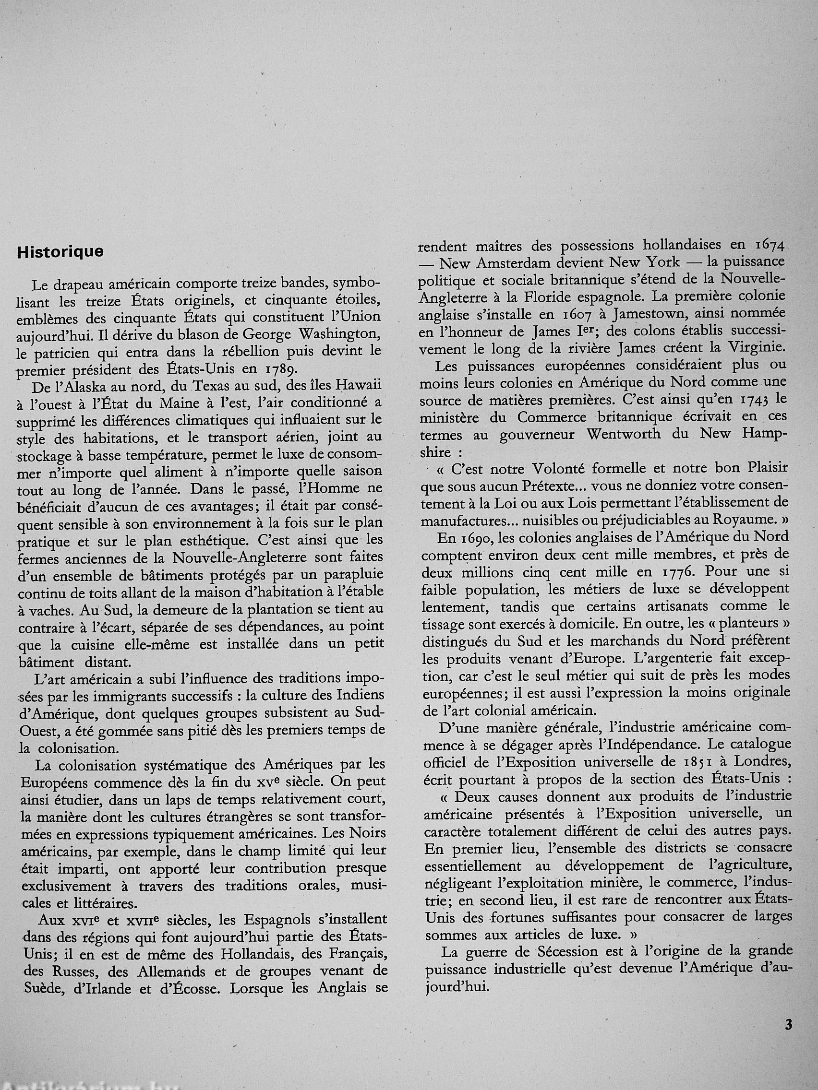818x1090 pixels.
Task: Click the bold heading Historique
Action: [x=60, y=252]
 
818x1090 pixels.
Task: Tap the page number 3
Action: [x=788, y=1024]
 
